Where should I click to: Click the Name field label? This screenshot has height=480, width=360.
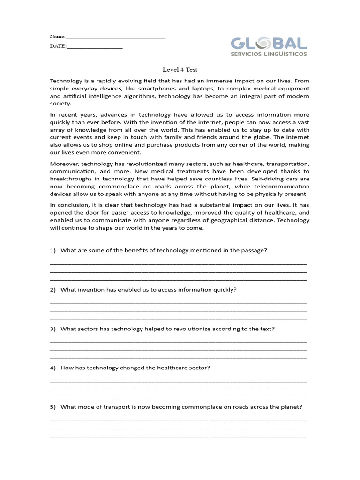tap(57, 37)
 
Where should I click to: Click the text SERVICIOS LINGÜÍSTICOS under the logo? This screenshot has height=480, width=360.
tap(269, 54)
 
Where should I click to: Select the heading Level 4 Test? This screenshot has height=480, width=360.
tap(180, 69)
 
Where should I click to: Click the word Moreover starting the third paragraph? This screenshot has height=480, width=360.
tap(64, 164)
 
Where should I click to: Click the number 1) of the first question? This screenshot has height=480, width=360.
tap(53, 250)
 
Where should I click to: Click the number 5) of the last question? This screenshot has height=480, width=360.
tap(53, 407)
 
